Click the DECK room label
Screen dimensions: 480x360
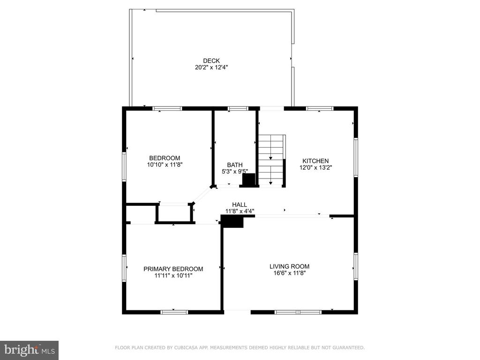tap(211, 61)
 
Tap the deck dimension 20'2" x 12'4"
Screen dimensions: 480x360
tap(211, 67)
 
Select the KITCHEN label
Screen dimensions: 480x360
tap(315, 161)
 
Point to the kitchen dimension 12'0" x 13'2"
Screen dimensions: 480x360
tap(315, 167)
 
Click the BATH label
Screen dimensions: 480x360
tap(235, 165)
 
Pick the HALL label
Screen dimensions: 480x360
tap(240, 205)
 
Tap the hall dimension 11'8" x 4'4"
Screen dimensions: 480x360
tap(240, 211)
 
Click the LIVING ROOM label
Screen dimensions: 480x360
tap(289, 267)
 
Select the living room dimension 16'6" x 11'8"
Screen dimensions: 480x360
tap(290, 273)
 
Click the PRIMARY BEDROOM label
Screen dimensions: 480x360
tap(173, 269)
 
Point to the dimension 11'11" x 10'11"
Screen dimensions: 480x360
tap(173, 276)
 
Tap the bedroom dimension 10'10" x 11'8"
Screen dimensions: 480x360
tap(165, 165)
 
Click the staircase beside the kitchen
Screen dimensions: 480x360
tap(272, 160)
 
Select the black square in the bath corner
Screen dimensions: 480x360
tap(248, 180)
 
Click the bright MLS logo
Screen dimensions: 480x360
tap(30, 350)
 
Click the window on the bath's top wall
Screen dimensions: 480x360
tap(238, 108)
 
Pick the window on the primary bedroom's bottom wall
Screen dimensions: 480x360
tap(174, 312)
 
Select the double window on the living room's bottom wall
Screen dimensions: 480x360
tap(298, 312)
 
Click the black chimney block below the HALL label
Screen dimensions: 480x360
tap(232, 221)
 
